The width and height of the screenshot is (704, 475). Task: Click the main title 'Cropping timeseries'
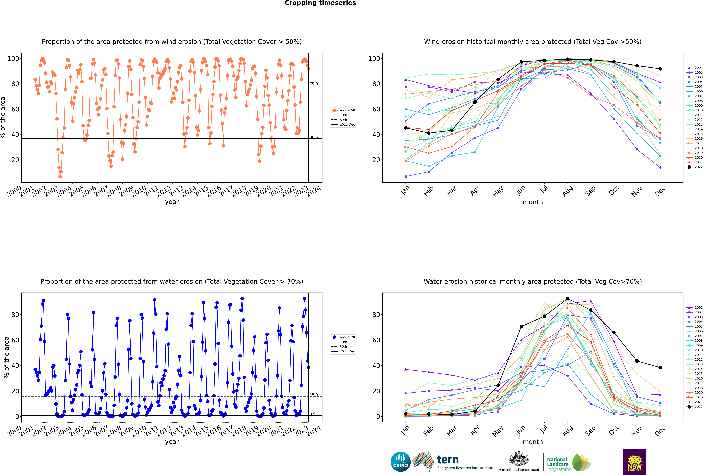tap(320, 3)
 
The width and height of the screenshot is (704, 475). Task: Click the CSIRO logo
tap(400, 462)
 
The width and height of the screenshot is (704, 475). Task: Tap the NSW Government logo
tap(635, 461)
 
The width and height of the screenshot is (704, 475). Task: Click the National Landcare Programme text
tap(558, 464)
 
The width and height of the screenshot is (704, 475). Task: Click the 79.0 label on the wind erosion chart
tap(314, 84)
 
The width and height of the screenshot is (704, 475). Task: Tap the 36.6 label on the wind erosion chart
tap(314, 137)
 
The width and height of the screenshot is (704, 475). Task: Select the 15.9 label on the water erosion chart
tap(314, 395)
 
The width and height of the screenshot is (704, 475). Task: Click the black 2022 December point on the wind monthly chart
tap(660, 69)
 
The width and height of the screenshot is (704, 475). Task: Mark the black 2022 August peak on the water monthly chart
tap(568, 299)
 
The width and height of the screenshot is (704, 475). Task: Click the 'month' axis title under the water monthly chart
tap(533, 442)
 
